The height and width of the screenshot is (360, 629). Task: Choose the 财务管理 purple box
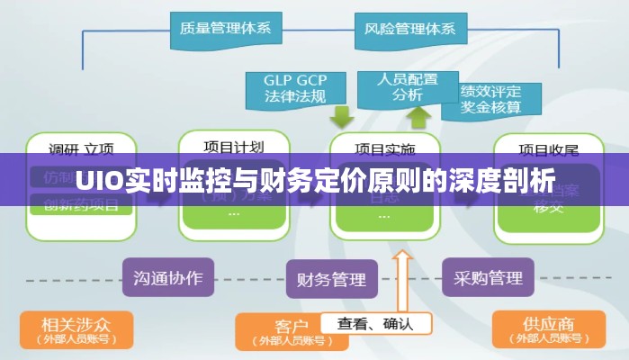(331, 279)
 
